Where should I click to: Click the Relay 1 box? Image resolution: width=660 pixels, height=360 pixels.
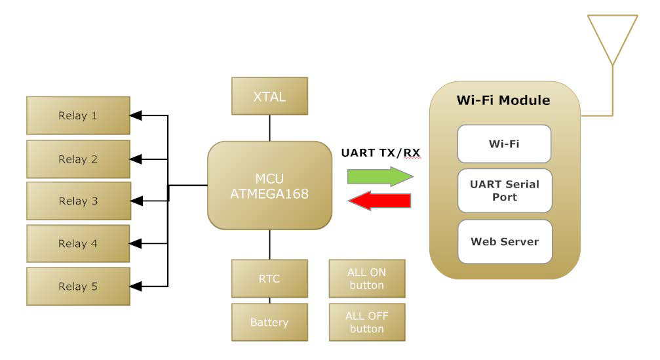pos(78,116)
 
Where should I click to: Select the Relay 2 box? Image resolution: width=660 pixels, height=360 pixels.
pos(78,159)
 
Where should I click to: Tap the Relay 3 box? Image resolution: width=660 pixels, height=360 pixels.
pos(78,201)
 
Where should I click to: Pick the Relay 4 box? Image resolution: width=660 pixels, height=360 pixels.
pos(78,244)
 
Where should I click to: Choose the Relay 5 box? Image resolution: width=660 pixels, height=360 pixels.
pos(78,287)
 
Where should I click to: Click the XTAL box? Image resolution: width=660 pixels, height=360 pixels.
pos(269,96)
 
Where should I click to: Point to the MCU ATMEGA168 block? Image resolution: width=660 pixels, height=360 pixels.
pos(269,186)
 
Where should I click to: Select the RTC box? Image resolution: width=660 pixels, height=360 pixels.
pos(269,279)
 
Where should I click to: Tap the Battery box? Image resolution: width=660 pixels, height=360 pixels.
pos(269,322)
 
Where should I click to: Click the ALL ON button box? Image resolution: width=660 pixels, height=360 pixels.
pos(367,279)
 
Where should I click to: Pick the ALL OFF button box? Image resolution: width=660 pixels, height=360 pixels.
pos(367,322)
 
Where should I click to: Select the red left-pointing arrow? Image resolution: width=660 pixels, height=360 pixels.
pos(379,201)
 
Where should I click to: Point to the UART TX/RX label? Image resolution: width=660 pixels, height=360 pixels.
pos(381,153)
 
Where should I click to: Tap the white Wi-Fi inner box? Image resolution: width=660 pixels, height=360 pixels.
pos(504,144)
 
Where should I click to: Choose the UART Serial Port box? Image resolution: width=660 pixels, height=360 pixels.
pos(504,191)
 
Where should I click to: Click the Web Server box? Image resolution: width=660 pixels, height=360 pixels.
pos(504,241)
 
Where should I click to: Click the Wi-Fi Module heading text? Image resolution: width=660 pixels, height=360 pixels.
pos(503,101)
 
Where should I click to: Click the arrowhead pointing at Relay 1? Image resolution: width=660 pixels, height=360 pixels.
pos(136,116)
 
